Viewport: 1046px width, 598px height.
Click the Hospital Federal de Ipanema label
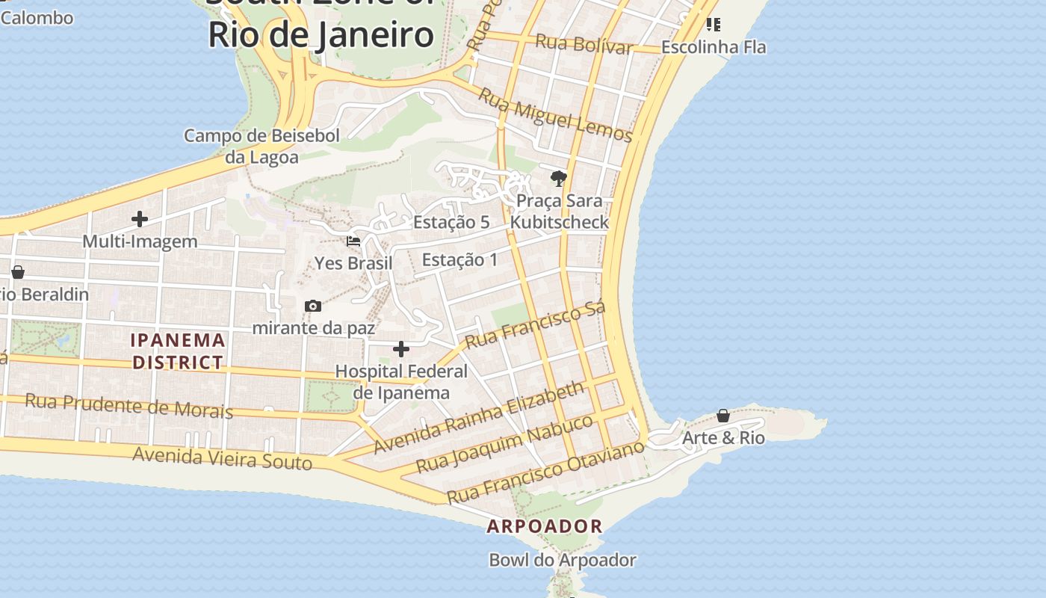pyautogui.click(x=401, y=381)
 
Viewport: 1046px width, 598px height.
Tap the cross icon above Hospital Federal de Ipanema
pyautogui.click(x=401, y=349)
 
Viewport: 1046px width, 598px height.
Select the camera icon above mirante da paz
pyautogui.click(x=313, y=306)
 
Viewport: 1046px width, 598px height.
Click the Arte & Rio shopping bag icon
pyautogui.click(x=723, y=416)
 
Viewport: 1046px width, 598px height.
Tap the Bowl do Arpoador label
pyautogui.click(x=563, y=560)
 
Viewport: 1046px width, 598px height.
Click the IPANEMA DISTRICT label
pyautogui.click(x=178, y=351)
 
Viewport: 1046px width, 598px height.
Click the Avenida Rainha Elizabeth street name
pyautogui.click(x=479, y=417)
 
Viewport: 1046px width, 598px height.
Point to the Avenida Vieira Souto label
pyautogui.click(x=222, y=458)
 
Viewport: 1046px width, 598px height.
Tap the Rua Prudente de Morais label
pyautogui.click(x=129, y=406)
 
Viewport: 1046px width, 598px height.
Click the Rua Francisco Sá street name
pyautogui.click(x=535, y=325)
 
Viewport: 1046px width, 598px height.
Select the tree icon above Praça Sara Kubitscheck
pyautogui.click(x=558, y=178)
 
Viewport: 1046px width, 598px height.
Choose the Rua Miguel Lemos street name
pyautogui.click(x=555, y=115)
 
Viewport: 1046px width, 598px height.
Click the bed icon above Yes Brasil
pyautogui.click(x=353, y=241)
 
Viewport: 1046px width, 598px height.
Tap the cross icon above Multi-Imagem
pyautogui.click(x=140, y=219)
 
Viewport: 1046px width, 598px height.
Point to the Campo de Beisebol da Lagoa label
pyautogui.click(x=262, y=146)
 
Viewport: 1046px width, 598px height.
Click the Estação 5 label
pyautogui.click(x=451, y=222)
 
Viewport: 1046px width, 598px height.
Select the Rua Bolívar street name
pyautogui.click(x=584, y=43)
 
